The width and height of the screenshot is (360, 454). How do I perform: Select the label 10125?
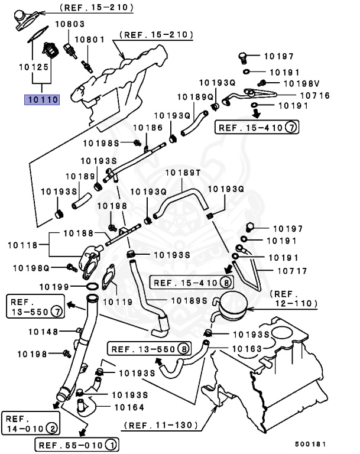(x=33, y=68)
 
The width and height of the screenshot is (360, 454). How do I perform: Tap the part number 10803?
(x=70, y=24)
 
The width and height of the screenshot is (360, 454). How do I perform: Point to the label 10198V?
(x=301, y=83)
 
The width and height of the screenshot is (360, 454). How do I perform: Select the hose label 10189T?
(x=183, y=173)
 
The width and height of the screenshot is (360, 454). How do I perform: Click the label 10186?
(x=147, y=127)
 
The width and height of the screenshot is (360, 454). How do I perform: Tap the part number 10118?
(x=22, y=244)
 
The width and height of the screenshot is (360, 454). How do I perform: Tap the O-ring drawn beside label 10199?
(x=92, y=286)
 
